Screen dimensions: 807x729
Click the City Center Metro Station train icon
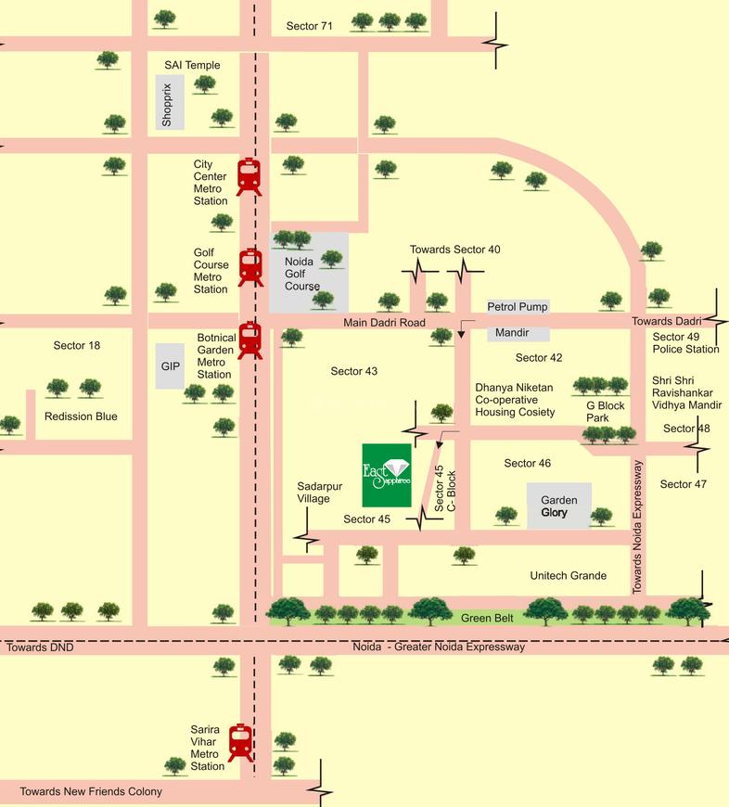[x=249, y=176]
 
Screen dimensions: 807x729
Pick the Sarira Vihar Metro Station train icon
[x=241, y=742]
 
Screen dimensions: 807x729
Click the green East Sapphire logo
[x=386, y=474]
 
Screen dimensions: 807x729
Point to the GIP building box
[x=171, y=366]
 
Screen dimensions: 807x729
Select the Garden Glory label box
[x=559, y=506]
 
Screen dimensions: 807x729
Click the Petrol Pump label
[x=518, y=307]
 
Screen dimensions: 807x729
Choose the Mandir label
[x=511, y=332]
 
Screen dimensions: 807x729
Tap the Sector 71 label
[x=309, y=26]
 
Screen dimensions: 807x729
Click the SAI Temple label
[x=192, y=65]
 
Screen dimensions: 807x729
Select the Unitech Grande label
[x=568, y=576]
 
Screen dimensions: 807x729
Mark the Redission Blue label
[x=81, y=416]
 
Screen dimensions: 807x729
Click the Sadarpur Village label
[x=313, y=492]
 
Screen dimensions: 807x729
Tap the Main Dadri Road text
[x=384, y=323]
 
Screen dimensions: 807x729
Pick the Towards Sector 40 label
[x=455, y=250]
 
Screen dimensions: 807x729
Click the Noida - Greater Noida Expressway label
[x=440, y=647]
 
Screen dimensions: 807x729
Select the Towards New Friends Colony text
[x=91, y=791]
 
